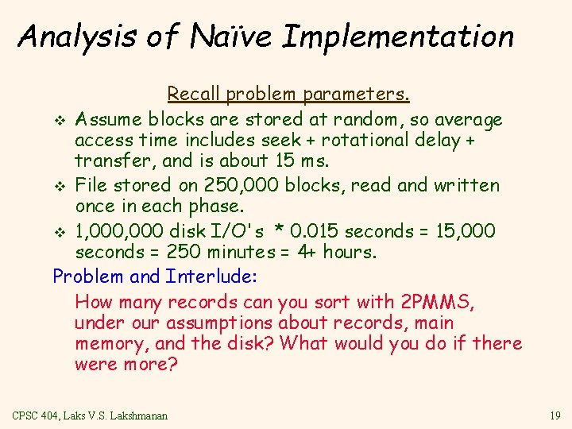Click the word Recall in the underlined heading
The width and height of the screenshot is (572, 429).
pyautogui.click(x=194, y=95)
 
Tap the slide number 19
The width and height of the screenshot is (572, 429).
pyautogui.click(x=554, y=415)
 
